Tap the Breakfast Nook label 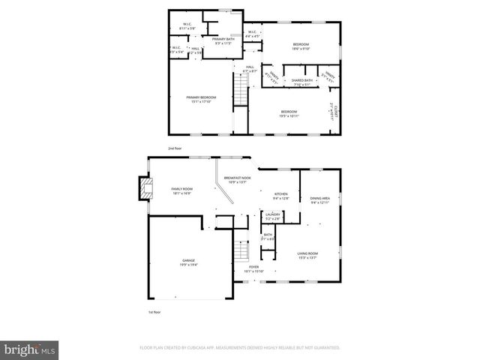pos(237,180)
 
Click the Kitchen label pos(280,195)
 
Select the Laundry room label pos(272,217)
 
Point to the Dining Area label pos(320,200)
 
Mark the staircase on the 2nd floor pos(240,94)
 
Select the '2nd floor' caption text pos(175,148)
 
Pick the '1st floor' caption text pos(154,311)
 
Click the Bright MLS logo pos(30,349)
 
